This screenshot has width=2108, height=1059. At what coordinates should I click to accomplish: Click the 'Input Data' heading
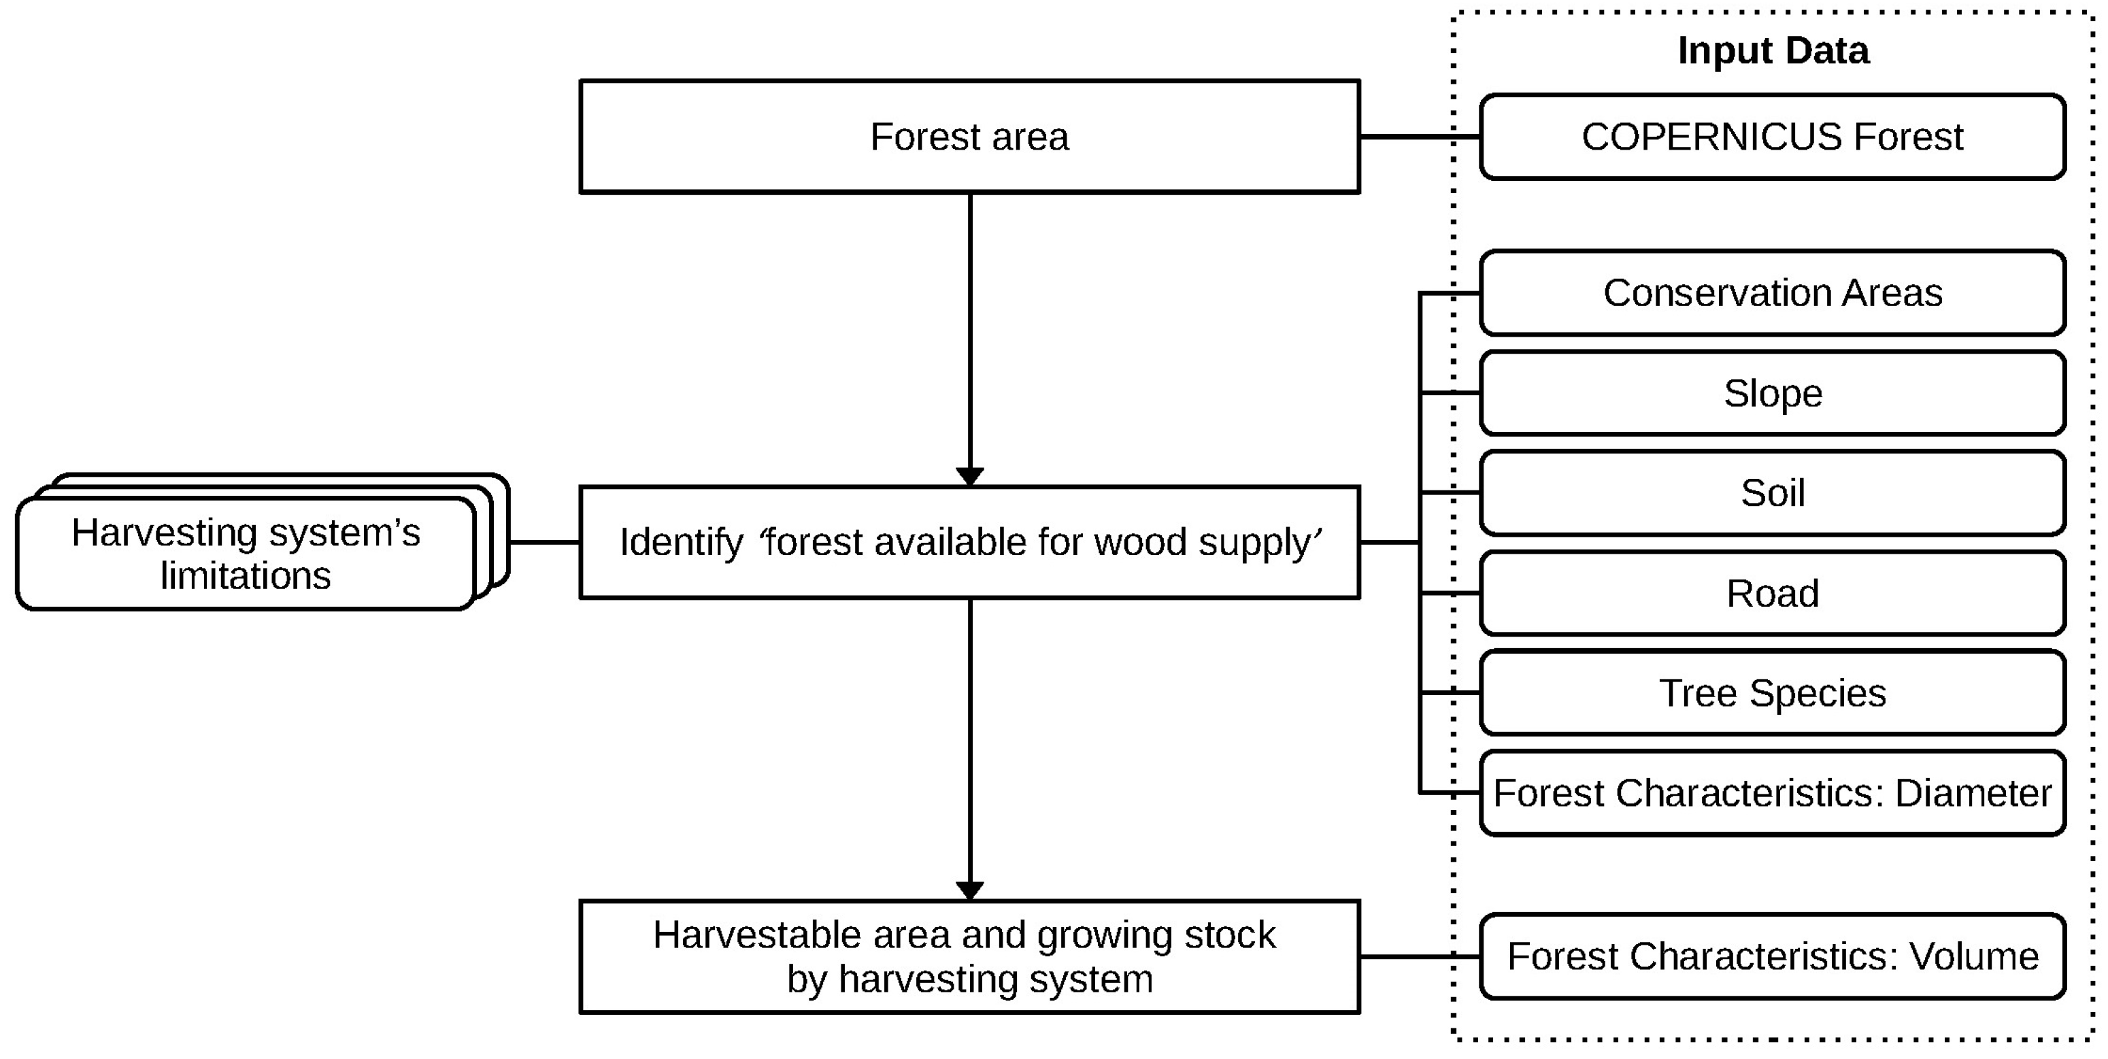click(1773, 51)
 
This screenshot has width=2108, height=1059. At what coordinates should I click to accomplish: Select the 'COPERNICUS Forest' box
click(1773, 137)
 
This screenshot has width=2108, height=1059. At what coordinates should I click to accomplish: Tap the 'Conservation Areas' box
click(1773, 293)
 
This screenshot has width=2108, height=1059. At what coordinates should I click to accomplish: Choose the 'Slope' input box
click(1773, 394)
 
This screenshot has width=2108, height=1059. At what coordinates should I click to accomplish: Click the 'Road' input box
click(1773, 593)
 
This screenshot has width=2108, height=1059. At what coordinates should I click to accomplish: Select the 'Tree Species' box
click(1773, 693)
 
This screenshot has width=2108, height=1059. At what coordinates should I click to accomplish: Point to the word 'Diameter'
click(1973, 793)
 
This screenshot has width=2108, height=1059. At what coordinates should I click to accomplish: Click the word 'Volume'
click(1974, 956)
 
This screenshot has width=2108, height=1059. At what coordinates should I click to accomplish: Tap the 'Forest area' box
click(970, 137)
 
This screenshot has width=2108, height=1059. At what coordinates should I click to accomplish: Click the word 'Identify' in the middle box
click(681, 543)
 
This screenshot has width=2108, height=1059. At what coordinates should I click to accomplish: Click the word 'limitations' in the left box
click(246, 576)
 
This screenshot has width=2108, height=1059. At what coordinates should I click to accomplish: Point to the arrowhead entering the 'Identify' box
click(970, 476)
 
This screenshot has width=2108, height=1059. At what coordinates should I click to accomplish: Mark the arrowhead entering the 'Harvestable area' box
click(970, 890)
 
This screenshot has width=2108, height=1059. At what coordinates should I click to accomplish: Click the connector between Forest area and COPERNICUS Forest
click(1420, 137)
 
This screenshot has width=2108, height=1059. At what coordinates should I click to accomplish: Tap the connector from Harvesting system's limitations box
click(544, 542)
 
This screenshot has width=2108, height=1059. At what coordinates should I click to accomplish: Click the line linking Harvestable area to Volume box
click(1420, 956)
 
